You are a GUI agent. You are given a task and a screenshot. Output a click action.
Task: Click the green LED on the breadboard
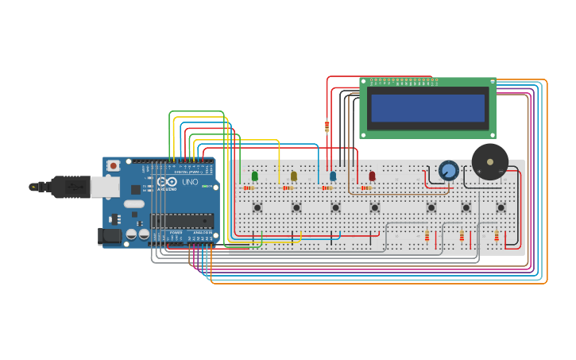[255, 176]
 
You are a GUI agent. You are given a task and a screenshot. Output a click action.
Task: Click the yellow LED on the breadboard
[294, 176]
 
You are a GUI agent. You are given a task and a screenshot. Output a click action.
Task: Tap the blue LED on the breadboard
[333, 176]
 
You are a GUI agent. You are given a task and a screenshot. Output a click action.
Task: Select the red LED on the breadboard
[372, 176]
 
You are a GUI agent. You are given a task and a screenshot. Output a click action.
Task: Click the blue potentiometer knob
[449, 170]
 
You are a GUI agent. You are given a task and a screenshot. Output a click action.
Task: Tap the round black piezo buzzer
[490, 161]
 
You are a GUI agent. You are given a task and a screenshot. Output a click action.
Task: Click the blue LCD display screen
[427, 108]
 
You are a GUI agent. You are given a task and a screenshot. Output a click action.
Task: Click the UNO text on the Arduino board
[190, 182]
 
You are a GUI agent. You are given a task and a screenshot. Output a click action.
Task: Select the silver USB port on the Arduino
[104, 187]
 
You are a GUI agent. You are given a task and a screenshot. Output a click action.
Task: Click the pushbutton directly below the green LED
[257, 207]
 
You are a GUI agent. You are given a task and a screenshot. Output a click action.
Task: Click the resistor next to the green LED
[249, 188]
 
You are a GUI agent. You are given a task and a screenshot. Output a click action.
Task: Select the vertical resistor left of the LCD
[327, 126]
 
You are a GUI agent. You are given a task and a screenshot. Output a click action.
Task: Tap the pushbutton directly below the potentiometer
[431, 207]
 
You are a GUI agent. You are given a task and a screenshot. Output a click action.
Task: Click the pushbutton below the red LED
[374, 207]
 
